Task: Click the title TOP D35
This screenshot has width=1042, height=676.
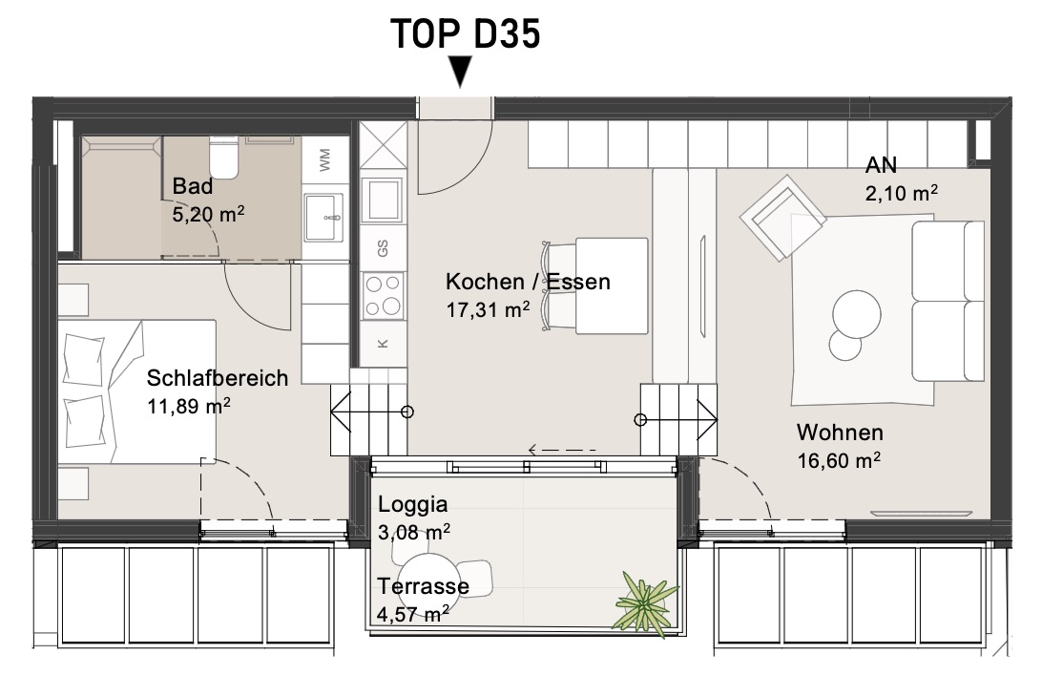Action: pyautogui.click(x=466, y=34)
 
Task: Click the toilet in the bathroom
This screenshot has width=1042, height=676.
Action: pyautogui.click(x=223, y=158)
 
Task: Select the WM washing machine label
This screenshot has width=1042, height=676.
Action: pyautogui.click(x=325, y=160)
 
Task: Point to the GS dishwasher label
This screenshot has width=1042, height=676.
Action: pyautogui.click(x=383, y=248)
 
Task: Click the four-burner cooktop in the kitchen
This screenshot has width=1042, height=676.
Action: pyautogui.click(x=384, y=294)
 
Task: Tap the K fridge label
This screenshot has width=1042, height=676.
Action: pyautogui.click(x=383, y=344)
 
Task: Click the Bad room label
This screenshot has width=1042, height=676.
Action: pyautogui.click(x=193, y=186)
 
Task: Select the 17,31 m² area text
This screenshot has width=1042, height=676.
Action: pyautogui.click(x=488, y=309)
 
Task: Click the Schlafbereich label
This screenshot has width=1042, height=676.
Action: pyautogui.click(x=218, y=377)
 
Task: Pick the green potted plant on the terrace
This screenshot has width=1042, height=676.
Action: pyautogui.click(x=644, y=603)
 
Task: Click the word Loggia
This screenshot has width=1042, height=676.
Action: pyautogui.click(x=412, y=504)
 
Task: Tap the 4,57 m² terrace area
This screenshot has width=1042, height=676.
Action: pyautogui.click(x=412, y=614)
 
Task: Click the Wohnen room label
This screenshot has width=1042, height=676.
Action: pyautogui.click(x=840, y=433)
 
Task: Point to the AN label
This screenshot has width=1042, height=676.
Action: pyautogui.click(x=881, y=165)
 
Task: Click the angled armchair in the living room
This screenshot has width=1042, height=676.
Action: pyautogui.click(x=782, y=218)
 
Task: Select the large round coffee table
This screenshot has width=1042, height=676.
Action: pyautogui.click(x=857, y=316)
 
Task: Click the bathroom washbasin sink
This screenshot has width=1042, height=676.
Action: pyautogui.click(x=323, y=218)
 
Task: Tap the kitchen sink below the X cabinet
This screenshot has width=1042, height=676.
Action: pyautogui.click(x=382, y=200)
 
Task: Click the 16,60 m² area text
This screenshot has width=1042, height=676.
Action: pyautogui.click(x=840, y=460)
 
